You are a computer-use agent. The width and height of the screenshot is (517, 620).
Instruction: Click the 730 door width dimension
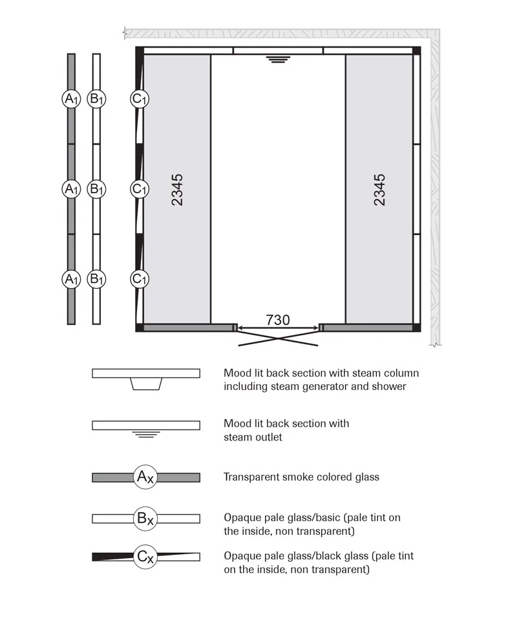point(278,320)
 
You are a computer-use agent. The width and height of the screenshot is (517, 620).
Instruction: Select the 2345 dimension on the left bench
point(177,189)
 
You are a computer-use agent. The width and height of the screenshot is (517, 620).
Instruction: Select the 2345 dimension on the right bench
point(379,189)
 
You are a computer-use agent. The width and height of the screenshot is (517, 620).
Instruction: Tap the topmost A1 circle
point(71,99)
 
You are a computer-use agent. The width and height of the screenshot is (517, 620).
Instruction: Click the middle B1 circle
point(96,189)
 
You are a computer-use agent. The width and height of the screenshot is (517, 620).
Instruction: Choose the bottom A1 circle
point(71,279)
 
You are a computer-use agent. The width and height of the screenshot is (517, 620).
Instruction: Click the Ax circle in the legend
point(146,477)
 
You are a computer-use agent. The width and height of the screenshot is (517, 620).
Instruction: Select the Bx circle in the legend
point(146,518)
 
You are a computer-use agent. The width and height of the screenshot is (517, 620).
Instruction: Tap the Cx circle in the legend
point(146,557)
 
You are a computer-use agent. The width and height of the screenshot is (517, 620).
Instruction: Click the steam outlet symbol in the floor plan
point(278,59)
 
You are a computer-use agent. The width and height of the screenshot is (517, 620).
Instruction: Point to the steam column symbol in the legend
point(146,384)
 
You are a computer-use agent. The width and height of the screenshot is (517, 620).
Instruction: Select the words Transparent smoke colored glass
point(301,477)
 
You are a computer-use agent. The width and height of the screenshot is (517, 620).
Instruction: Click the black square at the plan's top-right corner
point(417,50)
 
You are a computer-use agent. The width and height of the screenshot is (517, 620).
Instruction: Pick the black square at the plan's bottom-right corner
point(417,327)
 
